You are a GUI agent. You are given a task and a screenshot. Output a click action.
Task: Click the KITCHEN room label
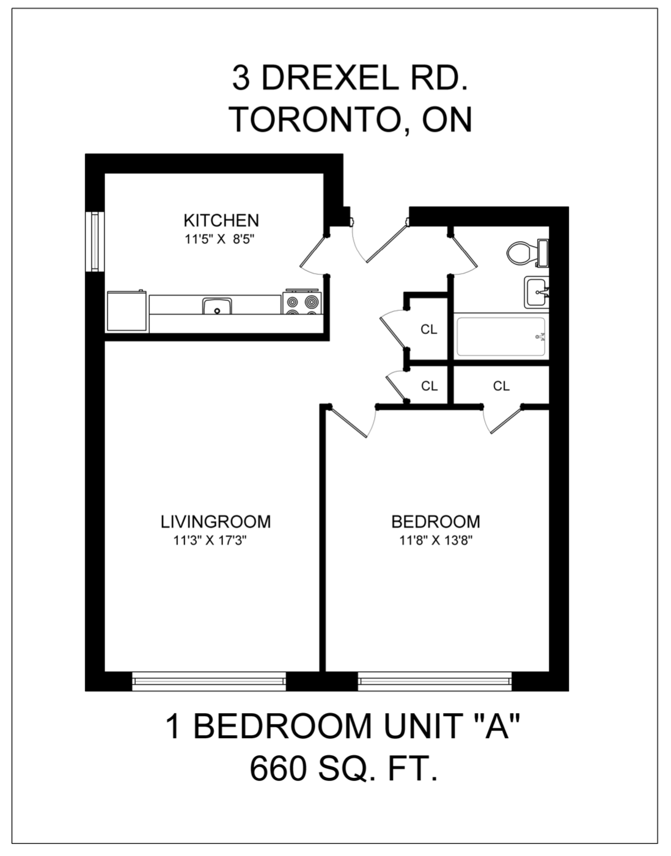(x=221, y=220)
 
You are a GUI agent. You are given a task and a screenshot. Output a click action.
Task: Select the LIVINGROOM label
(x=216, y=521)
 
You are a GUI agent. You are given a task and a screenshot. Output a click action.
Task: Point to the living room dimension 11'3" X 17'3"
(x=210, y=540)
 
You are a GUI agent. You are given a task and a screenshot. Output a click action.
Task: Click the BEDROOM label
(x=436, y=521)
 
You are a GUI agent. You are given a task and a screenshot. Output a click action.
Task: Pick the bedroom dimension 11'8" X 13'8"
(x=436, y=540)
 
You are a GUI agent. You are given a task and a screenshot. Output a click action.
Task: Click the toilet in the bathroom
(x=527, y=253)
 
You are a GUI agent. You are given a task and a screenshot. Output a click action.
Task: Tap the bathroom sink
(x=537, y=292)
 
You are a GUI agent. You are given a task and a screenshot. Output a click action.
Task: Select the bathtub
(x=501, y=336)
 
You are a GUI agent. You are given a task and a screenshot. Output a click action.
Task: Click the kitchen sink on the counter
(x=217, y=306)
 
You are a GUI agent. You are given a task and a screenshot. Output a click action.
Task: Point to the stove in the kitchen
(x=302, y=302)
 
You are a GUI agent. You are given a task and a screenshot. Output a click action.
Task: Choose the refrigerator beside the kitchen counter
(x=127, y=311)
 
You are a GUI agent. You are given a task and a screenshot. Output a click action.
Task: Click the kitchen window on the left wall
(x=95, y=242)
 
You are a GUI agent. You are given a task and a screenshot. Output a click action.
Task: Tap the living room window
(x=208, y=681)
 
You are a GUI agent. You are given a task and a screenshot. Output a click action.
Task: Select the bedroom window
(x=435, y=681)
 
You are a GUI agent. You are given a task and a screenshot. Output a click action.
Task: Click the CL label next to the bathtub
(x=429, y=329)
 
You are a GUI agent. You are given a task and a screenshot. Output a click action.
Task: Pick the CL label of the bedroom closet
(x=501, y=386)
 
